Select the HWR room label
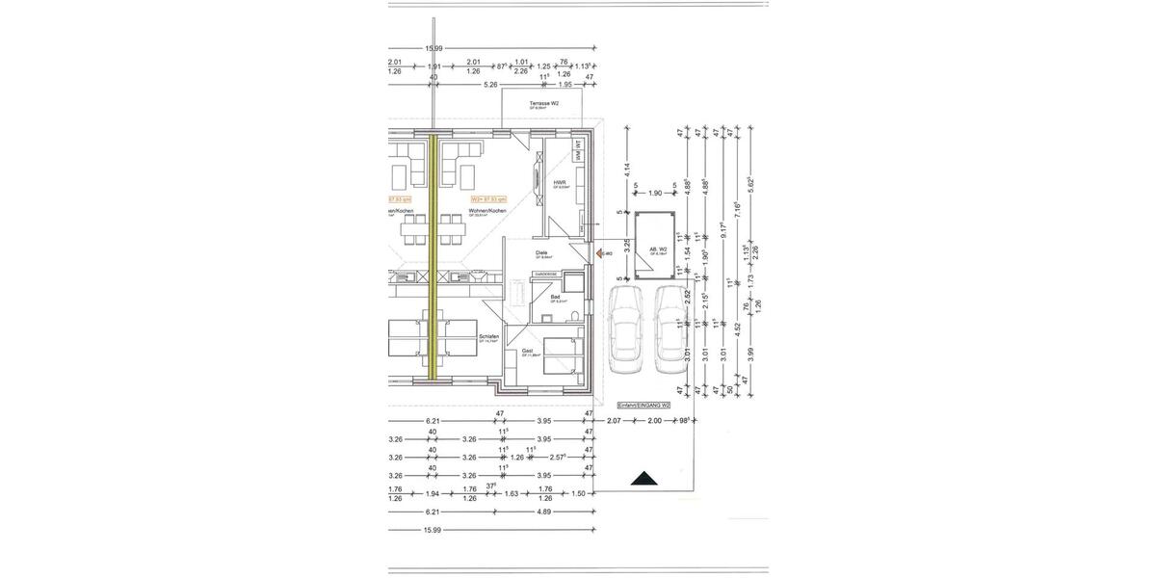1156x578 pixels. (x=560, y=182)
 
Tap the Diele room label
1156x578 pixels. (x=541, y=253)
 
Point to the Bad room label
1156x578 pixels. (x=556, y=298)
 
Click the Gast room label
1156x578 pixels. (x=528, y=352)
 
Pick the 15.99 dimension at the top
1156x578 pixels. (x=433, y=49)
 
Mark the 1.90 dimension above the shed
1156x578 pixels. (x=655, y=194)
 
